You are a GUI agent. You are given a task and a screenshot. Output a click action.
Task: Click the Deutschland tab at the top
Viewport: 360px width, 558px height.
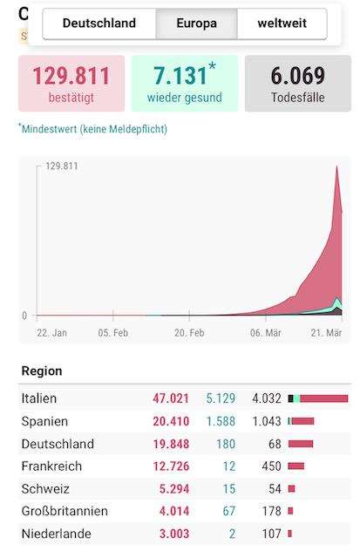pos(99,24)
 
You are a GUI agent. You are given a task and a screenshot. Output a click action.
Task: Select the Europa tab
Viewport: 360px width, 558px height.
pos(197,24)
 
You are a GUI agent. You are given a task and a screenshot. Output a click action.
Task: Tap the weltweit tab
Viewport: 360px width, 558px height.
pos(282,24)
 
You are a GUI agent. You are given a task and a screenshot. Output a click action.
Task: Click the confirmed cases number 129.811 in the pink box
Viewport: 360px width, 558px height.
pos(71,76)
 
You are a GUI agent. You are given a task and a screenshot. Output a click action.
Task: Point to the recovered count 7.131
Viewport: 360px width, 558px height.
pos(180,76)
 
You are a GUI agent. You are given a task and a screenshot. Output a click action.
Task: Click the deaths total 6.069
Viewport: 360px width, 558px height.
pos(298,76)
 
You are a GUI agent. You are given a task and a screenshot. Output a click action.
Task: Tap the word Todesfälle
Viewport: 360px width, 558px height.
pos(298,98)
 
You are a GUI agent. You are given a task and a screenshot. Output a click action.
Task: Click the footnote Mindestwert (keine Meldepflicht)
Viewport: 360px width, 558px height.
pos(94,129)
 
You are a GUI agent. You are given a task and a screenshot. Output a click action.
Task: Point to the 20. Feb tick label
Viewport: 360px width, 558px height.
pos(189,333)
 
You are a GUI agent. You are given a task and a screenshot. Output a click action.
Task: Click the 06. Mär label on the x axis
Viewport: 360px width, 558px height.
pos(265,333)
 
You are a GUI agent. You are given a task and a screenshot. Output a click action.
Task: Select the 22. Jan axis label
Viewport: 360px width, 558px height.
pos(52,333)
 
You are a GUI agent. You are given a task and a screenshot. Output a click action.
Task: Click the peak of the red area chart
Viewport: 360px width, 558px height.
pos(336,167)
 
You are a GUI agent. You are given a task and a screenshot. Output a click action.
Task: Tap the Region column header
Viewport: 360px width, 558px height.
pos(42,371)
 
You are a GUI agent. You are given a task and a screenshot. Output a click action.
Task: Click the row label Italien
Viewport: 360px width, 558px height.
pos(38,398)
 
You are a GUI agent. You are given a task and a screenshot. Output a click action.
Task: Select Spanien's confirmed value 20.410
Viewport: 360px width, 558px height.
pos(171,421)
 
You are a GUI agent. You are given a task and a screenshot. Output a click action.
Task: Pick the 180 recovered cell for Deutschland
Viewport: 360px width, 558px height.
pos(226,444)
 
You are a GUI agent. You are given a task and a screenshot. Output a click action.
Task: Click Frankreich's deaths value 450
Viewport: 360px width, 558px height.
pos(271,466)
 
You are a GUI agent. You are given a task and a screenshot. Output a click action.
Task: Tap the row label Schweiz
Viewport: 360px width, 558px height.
pos(45,489)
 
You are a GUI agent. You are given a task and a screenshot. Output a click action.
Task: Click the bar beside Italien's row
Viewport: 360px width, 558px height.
pos(318,398)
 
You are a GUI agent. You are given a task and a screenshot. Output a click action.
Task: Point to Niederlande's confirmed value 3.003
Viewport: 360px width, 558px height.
pos(174,534)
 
